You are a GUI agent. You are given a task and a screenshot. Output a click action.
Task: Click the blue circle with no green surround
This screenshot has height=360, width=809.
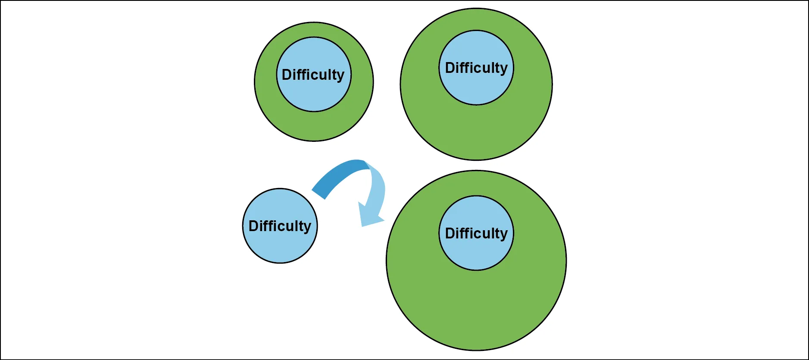point(280,246)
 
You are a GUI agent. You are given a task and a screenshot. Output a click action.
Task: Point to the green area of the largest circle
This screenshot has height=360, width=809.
point(476,310)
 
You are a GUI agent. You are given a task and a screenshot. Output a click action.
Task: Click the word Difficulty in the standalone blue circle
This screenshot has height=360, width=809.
point(280,226)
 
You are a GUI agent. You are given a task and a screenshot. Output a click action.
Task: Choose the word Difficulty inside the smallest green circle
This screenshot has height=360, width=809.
point(313,75)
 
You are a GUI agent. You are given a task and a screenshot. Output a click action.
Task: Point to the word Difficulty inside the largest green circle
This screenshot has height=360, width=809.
point(476,233)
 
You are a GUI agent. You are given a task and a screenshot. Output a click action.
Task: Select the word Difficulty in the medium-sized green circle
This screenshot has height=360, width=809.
point(476,68)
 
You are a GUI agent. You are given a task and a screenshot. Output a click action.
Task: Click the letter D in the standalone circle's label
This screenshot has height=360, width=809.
point(253,226)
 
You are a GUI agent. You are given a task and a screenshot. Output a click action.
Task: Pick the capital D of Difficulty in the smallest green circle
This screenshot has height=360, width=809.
point(287,75)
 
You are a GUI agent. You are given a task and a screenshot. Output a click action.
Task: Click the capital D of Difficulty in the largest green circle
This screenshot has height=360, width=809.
point(450,233)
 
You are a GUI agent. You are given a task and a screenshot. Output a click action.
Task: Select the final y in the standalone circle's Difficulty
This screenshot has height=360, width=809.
point(307,227)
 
